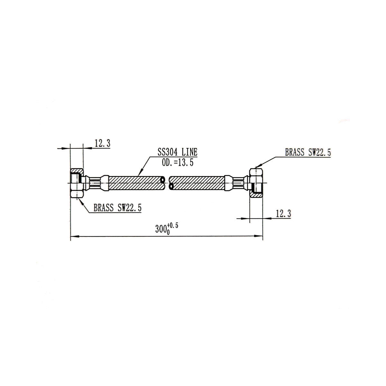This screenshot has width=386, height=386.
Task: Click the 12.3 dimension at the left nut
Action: [x=102, y=143]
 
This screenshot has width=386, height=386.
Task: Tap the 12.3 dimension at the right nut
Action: [x=283, y=214]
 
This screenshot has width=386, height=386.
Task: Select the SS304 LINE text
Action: [x=177, y=152]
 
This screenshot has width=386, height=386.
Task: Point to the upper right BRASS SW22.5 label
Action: [x=308, y=153]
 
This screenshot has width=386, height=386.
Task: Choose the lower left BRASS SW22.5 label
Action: [x=118, y=208]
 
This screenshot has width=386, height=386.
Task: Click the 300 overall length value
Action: [x=160, y=229]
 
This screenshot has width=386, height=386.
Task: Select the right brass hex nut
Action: [x=256, y=183]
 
